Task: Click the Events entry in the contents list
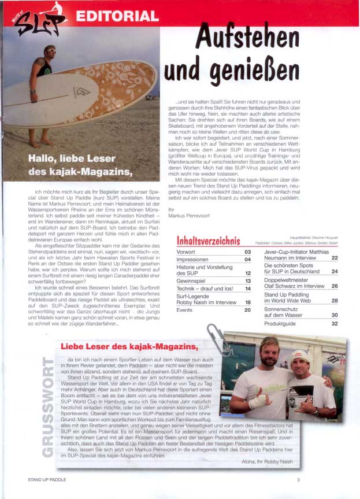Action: click(x=184, y=310)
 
